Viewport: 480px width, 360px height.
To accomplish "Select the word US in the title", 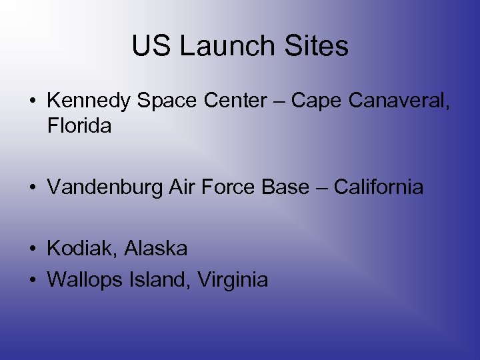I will (x=151, y=46).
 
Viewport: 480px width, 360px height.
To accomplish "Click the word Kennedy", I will (x=89, y=101).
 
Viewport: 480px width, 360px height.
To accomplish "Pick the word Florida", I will (x=79, y=125).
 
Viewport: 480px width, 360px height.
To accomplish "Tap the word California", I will (x=379, y=187).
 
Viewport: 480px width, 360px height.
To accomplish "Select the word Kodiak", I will (x=73, y=249).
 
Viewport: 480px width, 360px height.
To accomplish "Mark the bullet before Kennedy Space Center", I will (x=32, y=101).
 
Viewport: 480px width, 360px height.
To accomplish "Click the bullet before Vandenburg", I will (x=32, y=188).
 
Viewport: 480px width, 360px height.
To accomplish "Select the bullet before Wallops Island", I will (x=32, y=281).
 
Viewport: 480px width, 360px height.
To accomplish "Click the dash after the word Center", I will (x=279, y=101).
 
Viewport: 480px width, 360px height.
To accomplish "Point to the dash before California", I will (x=321, y=188).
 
